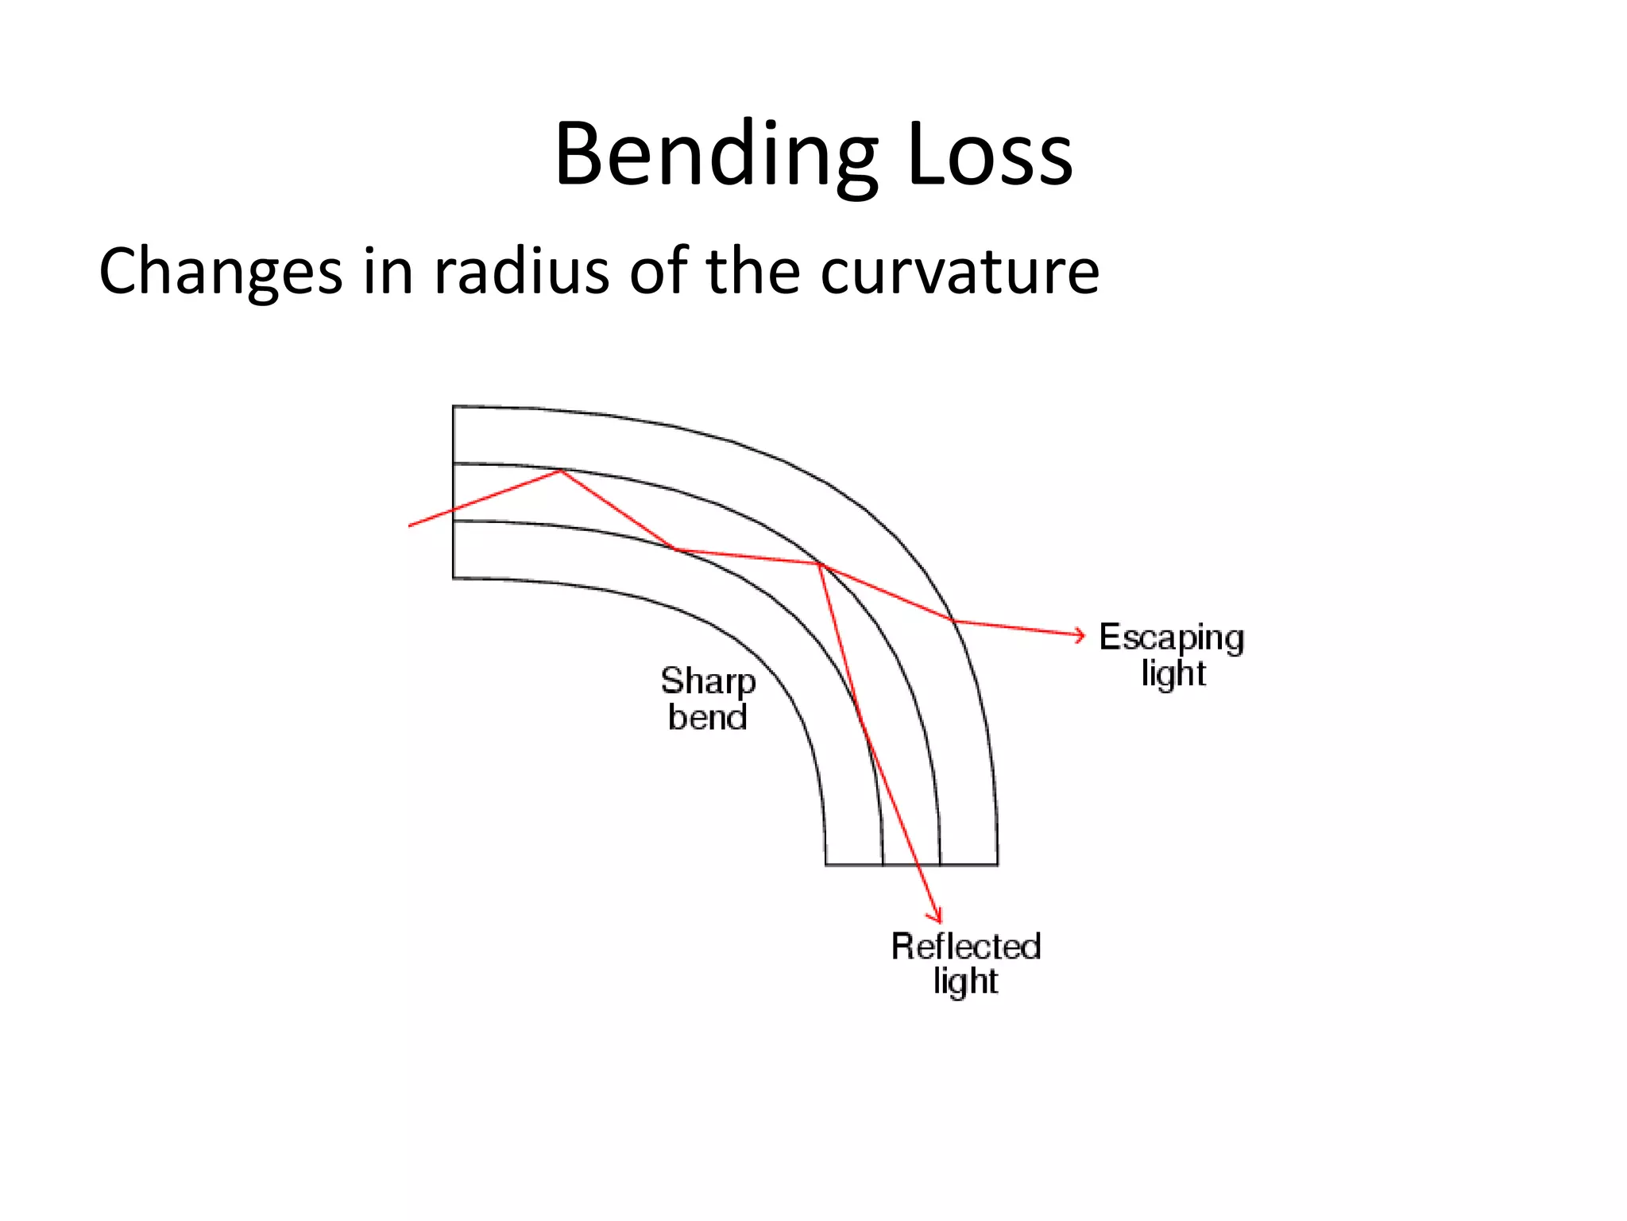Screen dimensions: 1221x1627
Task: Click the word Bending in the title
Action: pos(716,155)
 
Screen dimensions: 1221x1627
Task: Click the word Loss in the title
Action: pos(988,155)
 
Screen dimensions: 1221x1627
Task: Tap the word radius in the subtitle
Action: pos(521,272)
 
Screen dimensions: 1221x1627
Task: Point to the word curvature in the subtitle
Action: pos(959,272)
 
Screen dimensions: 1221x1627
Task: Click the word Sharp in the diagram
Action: pos(708,682)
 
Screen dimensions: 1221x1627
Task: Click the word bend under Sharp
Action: pos(708,718)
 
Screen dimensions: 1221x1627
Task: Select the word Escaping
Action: pos(1171,638)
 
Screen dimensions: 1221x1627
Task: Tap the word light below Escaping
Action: pos(1173,674)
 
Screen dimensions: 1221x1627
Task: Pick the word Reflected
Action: pos(965,947)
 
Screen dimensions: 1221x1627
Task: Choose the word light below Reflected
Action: pos(965,982)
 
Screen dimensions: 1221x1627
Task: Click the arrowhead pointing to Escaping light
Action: pos(1080,634)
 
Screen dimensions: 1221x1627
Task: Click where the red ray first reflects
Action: pos(561,471)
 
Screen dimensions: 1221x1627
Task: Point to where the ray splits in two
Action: pos(819,564)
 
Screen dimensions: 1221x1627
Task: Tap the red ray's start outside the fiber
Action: pos(410,525)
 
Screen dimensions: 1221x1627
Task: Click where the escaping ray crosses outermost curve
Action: pos(952,621)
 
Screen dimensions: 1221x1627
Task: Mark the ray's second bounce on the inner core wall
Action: pos(674,548)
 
